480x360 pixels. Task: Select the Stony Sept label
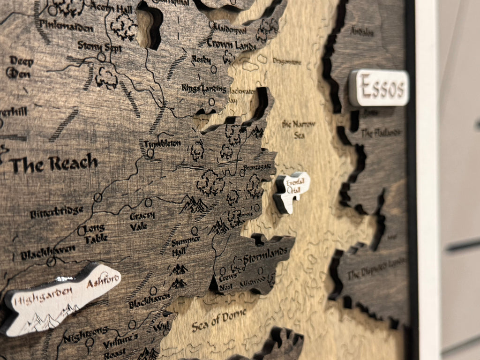coord(99,46)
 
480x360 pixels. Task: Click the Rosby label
coord(202,60)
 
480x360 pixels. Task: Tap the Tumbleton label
coord(162,143)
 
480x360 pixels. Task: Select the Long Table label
coord(95,233)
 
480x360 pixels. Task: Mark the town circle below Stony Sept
coord(101,57)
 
